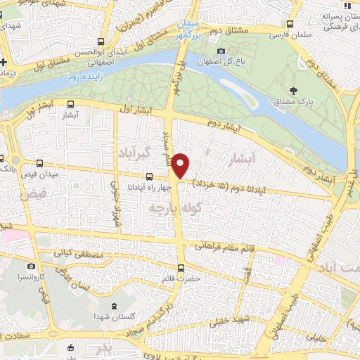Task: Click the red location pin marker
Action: pyautogui.click(x=181, y=165)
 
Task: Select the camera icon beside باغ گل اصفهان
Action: pyautogui.click(x=221, y=51)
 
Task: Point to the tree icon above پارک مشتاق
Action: pyautogui.click(x=295, y=90)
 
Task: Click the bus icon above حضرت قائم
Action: pyautogui.click(x=181, y=267)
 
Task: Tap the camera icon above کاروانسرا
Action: pyautogui.click(x=31, y=266)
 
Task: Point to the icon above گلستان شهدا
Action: pyautogui.click(x=114, y=307)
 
